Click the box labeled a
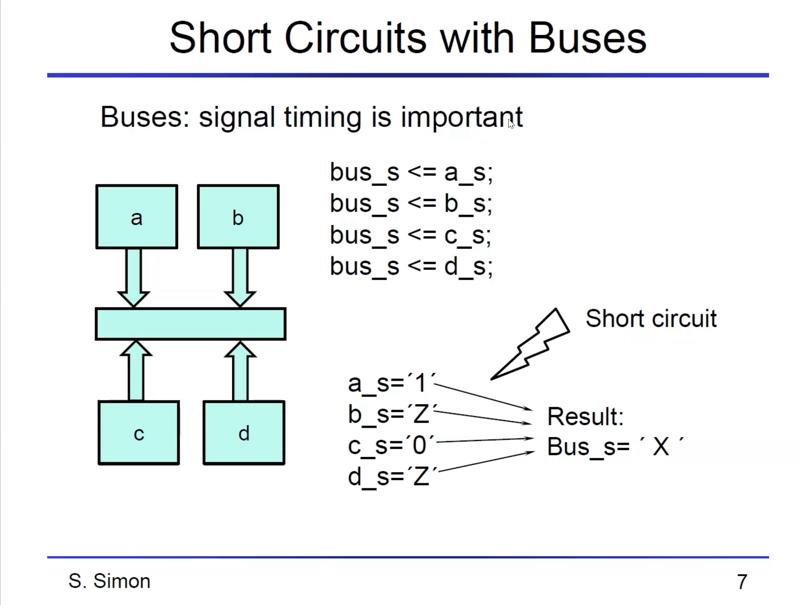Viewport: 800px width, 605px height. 137,217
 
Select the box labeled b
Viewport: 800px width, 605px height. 238,217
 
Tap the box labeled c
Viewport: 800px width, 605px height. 139,433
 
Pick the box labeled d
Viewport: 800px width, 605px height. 244,433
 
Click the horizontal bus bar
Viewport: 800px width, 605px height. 190,324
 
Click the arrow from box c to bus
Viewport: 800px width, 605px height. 136,372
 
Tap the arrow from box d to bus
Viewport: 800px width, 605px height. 240,372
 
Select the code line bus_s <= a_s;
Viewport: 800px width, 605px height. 411,173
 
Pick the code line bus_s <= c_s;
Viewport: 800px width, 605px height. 410,236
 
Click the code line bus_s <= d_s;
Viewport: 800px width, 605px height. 411,267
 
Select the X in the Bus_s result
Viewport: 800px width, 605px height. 661,446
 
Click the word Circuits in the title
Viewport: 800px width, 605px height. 355,38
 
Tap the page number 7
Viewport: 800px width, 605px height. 742,582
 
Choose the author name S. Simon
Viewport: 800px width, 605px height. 109,581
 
